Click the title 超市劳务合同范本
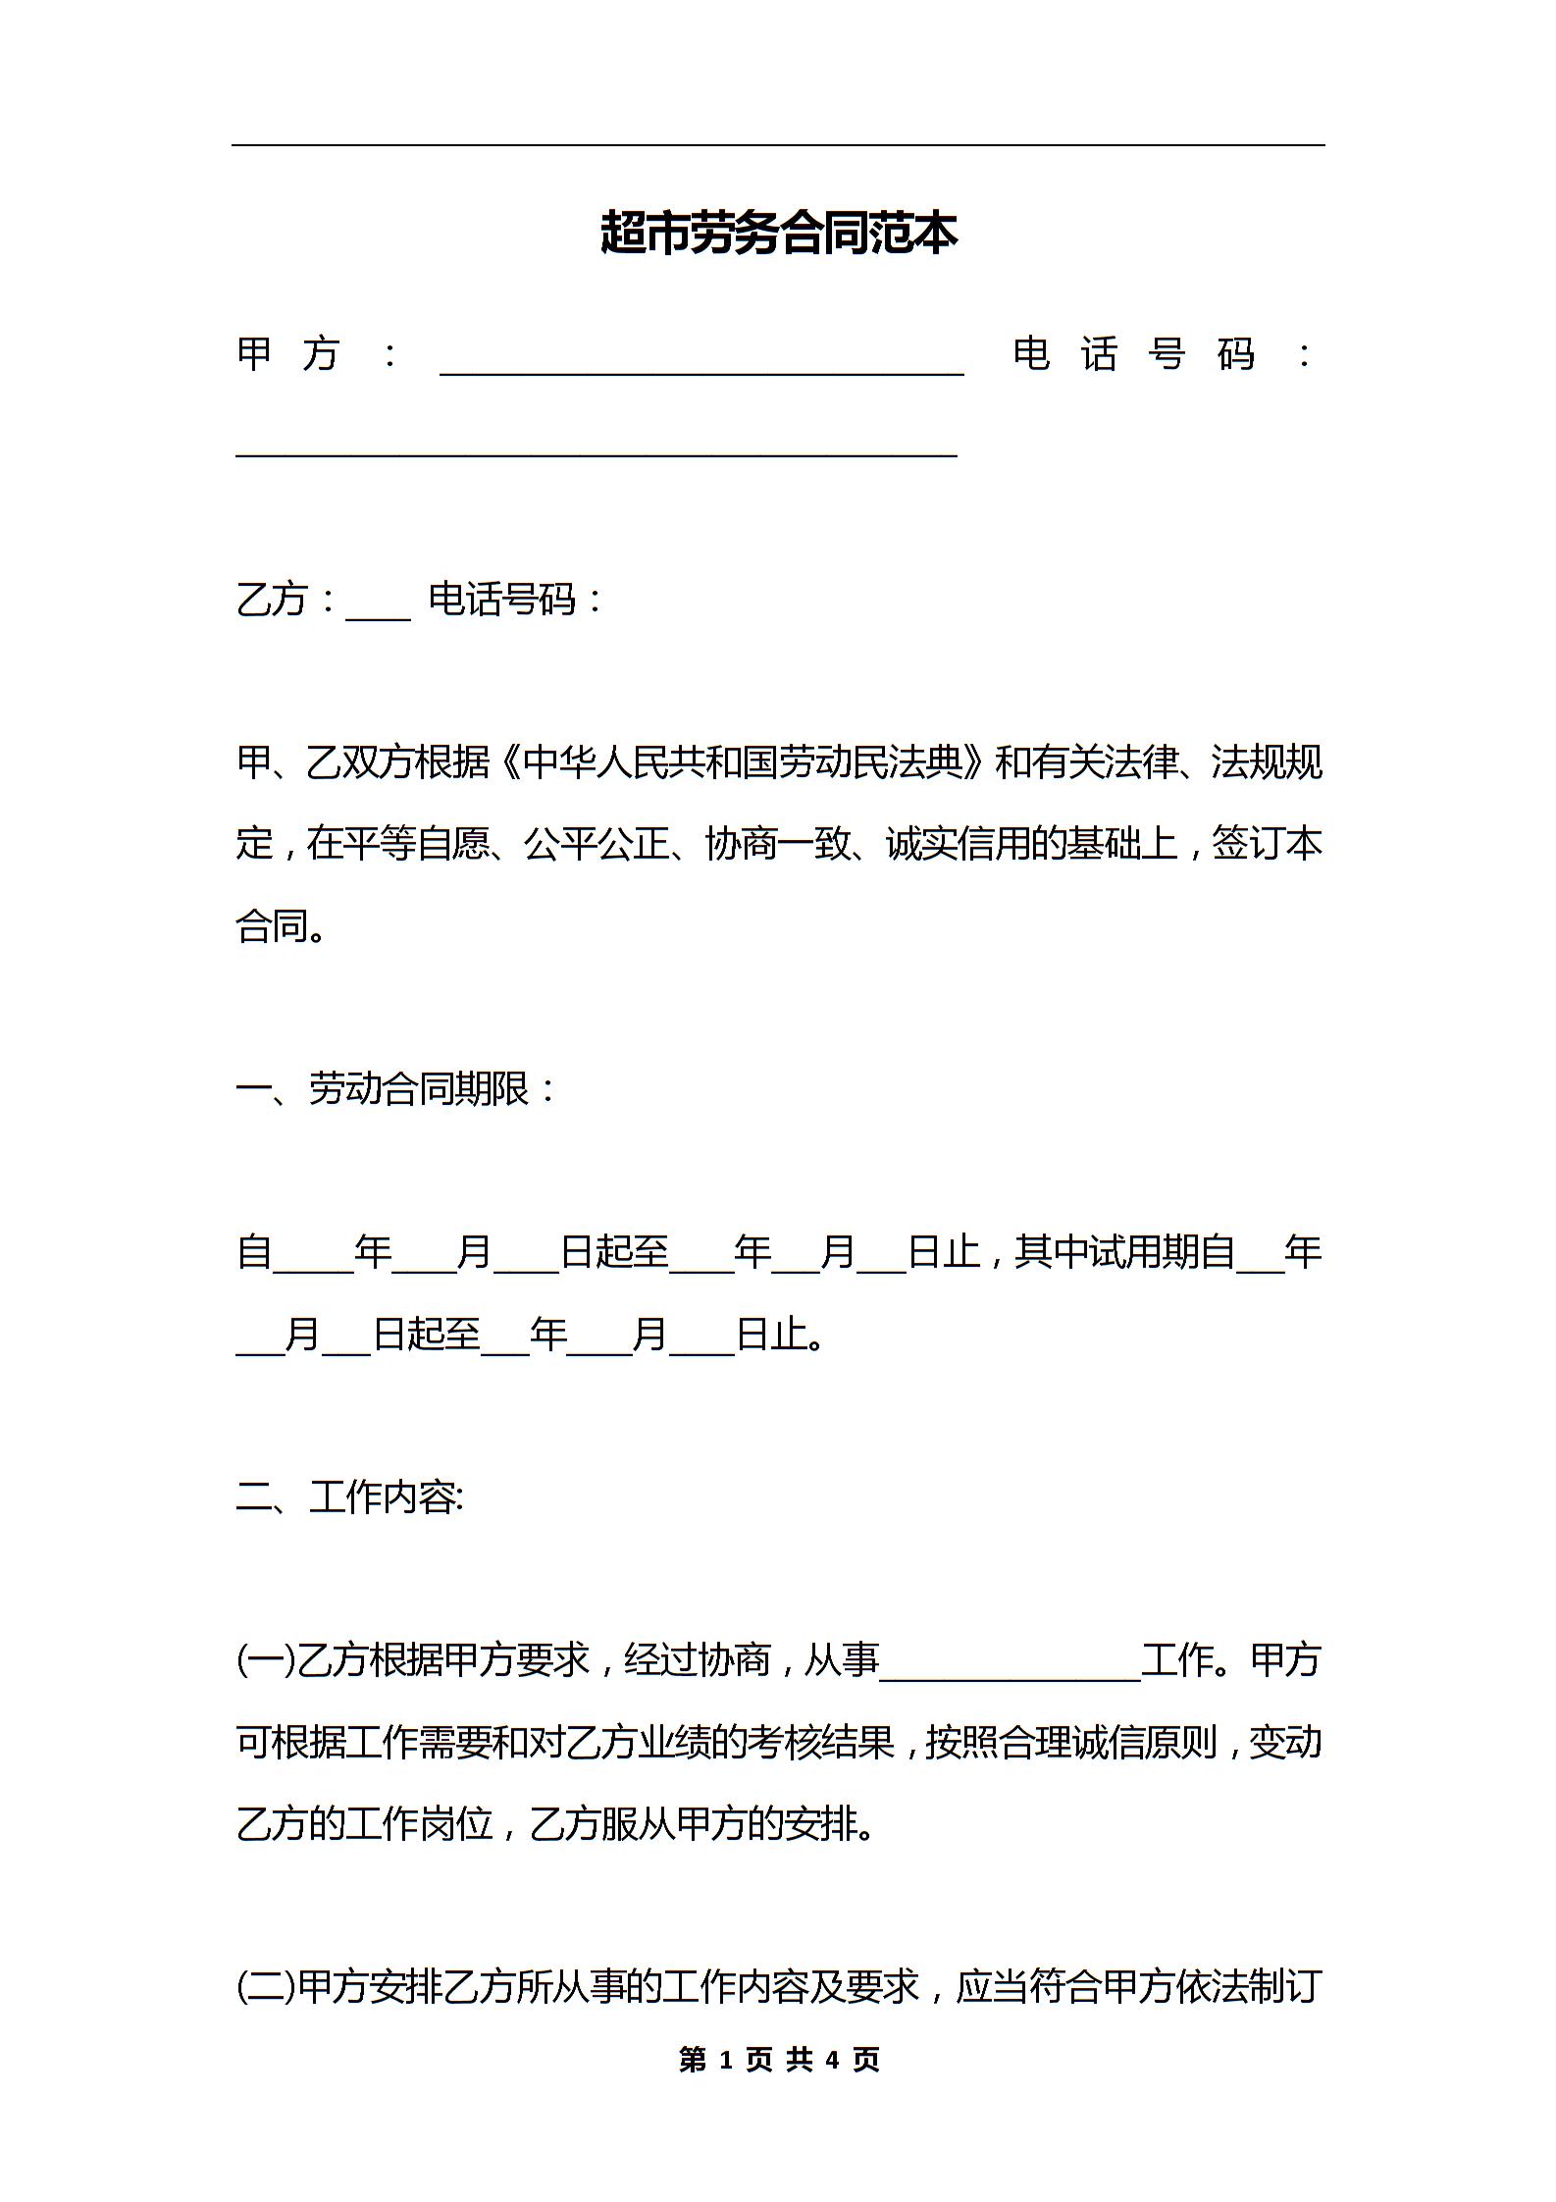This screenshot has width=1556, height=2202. (778, 235)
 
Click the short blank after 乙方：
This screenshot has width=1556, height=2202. (378, 616)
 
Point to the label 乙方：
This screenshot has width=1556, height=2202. (287, 600)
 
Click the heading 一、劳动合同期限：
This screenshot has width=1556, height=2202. (397, 1088)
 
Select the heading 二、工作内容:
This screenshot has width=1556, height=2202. (350, 1497)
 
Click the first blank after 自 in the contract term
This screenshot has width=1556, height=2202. (313, 1268)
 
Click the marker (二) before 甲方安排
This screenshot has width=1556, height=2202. (265, 1987)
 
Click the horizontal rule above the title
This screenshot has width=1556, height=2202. (778, 146)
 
